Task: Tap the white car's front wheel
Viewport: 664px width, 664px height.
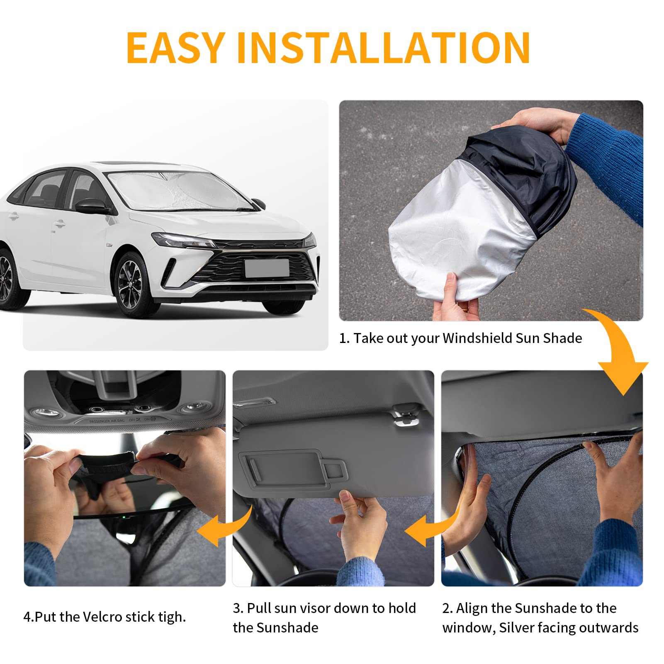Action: [x=132, y=285]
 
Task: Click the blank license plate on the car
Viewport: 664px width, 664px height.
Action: [x=267, y=268]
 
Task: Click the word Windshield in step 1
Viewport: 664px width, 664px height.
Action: [x=477, y=338]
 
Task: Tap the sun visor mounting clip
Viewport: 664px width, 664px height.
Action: [x=403, y=415]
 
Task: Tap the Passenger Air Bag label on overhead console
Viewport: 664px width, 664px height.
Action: [x=107, y=421]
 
